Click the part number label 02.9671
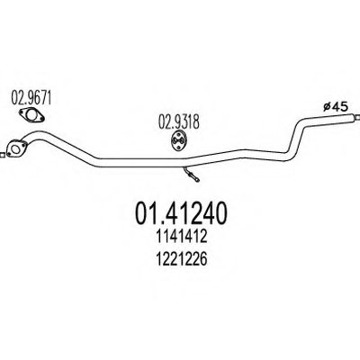(x=31, y=97)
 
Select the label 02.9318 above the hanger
(x=179, y=122)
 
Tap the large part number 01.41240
(x=181, y=213)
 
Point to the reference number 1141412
(x=181, y=237)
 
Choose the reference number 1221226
(x=181, y=259)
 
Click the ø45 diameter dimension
(x=335, y=106)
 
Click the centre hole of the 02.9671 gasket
(x=31, y=115)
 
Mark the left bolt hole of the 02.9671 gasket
(x=22, y=112)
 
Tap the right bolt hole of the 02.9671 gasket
(x=41, y=120)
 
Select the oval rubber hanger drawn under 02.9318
(x=179, y=140)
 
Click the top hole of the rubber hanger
(x=179, y=134)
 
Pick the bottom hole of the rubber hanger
(x=179, y=147)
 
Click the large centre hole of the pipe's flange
(x=14, y=148)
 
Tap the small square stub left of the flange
(x=2, y=156)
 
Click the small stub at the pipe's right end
(x=357, y=117)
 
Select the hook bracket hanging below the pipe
(x=191, y=174)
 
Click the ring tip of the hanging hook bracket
(x=197, y=179)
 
